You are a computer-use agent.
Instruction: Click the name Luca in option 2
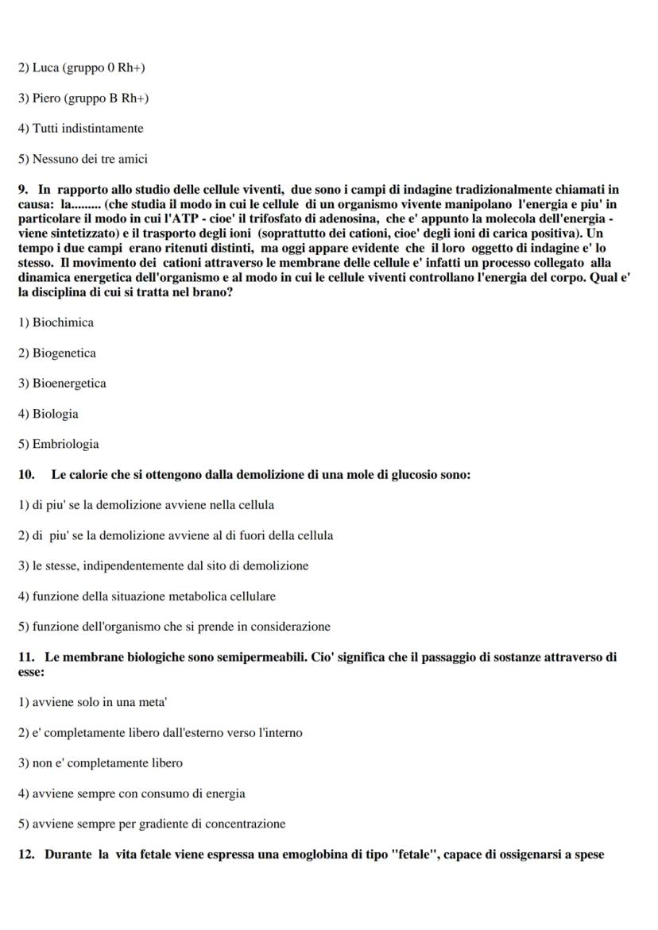click(45, 68)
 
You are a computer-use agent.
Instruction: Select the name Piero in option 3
click(47, 98)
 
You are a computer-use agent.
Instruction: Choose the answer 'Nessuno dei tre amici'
click(89, 159)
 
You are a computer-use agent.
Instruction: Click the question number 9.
click(23, 189)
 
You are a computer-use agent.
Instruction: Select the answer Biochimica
click(63, 322)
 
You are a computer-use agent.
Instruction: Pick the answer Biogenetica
click(64, 353)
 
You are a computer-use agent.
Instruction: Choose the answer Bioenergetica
click(69, 383)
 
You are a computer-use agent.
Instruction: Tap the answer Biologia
click(55, 414)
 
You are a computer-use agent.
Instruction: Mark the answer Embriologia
click(65, 444)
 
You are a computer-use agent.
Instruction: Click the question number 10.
click(26, 475)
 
